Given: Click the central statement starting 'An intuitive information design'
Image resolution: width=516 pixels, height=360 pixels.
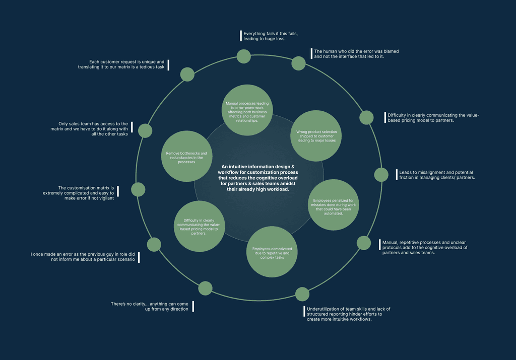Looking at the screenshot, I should click(x=257, y=178).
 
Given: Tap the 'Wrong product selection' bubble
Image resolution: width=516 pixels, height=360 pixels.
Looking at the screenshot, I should click(x=316, y=136).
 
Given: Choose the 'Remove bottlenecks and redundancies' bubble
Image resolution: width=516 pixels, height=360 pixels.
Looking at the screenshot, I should click(x=186, y=156).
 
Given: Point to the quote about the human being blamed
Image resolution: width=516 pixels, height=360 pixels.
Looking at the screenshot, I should click(x=356, y=54).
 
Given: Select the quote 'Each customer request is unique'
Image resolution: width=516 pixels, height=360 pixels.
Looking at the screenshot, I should click(x=121, y=64).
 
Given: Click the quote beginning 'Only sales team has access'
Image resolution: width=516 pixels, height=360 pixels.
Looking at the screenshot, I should click(x=89, y=129).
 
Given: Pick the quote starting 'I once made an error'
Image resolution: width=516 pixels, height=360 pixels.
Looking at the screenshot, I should click(x=83, y=257).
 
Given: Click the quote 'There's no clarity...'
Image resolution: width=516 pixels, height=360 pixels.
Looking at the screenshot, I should click(x=150, y=306).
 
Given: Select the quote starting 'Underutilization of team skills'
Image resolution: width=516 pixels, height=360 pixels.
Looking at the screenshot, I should click(x=348, y=314).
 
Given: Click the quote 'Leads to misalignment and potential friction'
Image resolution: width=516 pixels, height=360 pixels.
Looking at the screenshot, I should click(x=437, y=174).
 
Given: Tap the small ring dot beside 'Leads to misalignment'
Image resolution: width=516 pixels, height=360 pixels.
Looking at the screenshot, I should click(x=381, y=175).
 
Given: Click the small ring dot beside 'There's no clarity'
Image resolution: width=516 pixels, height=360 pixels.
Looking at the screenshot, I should click(x=205, y=289).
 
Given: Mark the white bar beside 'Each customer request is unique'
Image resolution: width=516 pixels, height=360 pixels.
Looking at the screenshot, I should click(x=168, y=64).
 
